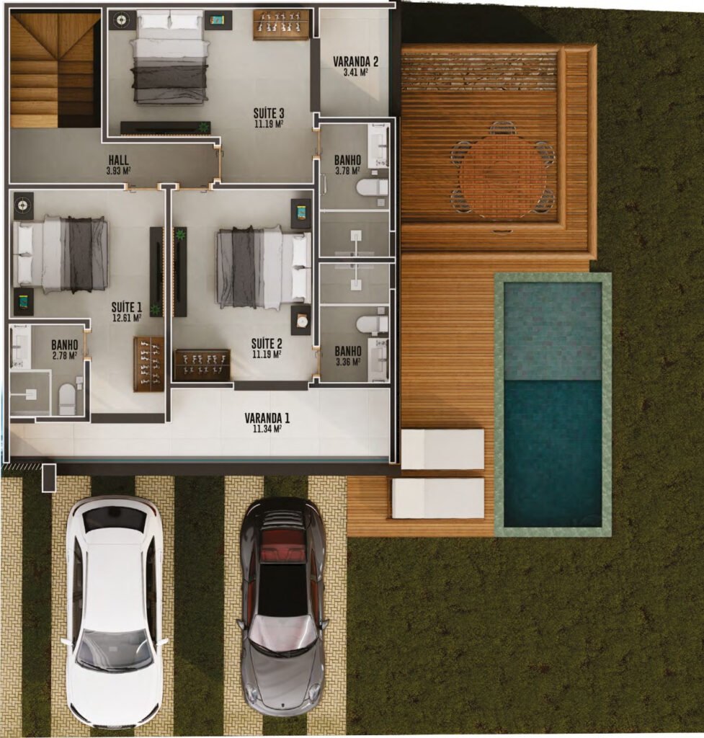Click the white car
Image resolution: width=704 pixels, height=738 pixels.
(115, 611)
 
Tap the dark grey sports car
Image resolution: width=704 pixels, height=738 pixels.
(283, 607)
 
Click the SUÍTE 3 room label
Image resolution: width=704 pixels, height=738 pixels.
(269, 113)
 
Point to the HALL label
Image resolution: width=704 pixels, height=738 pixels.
(119, 160)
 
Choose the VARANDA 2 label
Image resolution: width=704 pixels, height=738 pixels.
(356, 62)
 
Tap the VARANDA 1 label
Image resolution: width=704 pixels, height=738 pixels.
(267, 418)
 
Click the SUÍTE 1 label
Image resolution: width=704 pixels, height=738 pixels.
(127, 308)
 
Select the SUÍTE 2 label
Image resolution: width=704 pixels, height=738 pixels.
(267, 344)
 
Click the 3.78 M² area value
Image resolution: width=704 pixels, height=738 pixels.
(348, 172)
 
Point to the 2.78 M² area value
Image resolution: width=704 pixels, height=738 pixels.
(65, 356)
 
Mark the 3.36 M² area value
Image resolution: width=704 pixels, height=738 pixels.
(348, 362)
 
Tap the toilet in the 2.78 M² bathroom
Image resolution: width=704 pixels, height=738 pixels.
(67, 399)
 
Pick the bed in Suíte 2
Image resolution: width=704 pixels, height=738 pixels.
(264, 267)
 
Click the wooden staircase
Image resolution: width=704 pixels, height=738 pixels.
(55, 69)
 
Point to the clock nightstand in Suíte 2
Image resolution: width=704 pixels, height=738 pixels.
(301, 321)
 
